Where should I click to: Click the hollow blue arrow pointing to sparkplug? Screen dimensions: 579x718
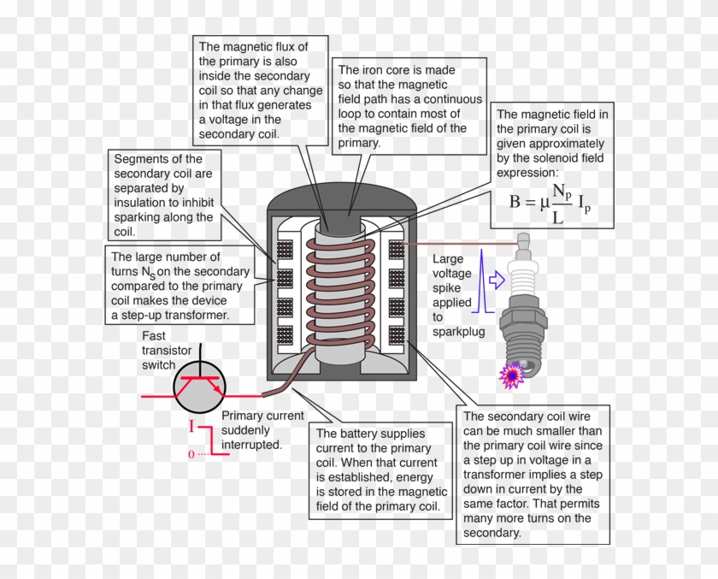pyautogui.click(x=497, y=278)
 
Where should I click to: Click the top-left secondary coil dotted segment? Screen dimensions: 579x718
pyautogui.click(x=285, y=250)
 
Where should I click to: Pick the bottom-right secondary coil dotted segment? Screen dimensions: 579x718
pyautogui.click(x=396, y=334)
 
